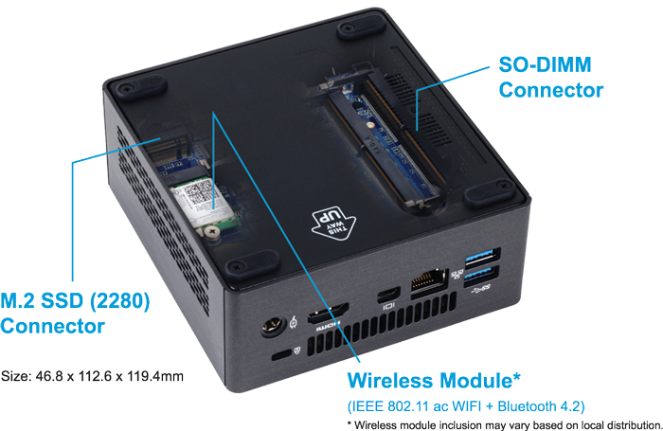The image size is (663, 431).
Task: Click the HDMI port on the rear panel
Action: (x=328, y=314)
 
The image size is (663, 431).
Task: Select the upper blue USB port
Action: (x=483, y=257)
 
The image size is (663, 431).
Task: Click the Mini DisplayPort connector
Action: (x=388, y=294)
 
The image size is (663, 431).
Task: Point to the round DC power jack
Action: (x=272, y=328)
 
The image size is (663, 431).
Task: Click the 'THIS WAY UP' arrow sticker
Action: (x=333, y=222)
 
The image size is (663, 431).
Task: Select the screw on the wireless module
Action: (x=211, y=232)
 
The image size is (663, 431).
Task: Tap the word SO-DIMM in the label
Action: (x=545, y=64)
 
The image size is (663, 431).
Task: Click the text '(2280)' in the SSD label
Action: (x=120, y=301)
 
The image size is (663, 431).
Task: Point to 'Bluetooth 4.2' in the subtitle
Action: (x=541, y=406)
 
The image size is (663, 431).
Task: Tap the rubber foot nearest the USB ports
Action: (x=490, y=193)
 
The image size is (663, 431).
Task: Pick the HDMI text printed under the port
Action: (x=329, y=325)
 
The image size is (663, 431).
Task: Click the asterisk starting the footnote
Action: (x=349, y=423)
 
